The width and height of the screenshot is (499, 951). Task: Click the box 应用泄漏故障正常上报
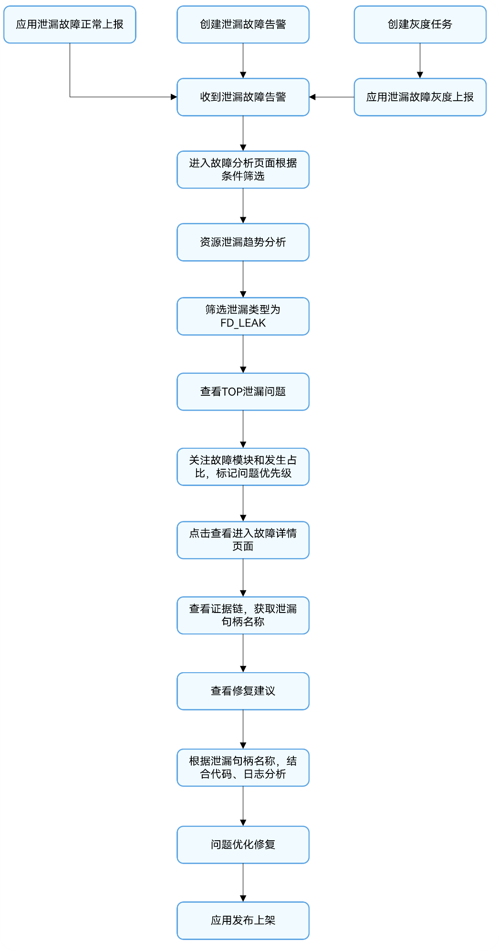tap(70, 24)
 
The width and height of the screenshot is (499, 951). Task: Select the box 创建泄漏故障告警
tap(243, 24)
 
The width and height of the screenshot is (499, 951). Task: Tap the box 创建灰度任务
tap(420, 24)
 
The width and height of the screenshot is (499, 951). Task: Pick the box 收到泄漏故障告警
tap(243, 97)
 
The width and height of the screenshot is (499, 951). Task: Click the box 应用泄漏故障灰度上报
tap(420, 97)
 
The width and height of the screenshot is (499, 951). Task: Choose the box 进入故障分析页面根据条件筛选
tap(243, 169)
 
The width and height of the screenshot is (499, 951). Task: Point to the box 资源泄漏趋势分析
tap(243, 242)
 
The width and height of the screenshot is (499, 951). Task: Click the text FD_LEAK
tap(243, 323)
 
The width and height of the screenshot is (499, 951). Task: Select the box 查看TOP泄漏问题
tap(243, 391)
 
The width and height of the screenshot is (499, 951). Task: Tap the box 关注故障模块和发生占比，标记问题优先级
tap(243, 467)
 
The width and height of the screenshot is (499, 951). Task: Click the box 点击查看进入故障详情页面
tap(243, 540)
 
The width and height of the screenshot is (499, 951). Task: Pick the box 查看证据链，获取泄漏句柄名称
tap(243, 615)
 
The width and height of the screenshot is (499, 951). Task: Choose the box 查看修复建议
tap(243, 691)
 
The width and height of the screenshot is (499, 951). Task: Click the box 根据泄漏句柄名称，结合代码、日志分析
tap(243, 768)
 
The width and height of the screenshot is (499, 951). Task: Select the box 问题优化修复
tap(243, 845)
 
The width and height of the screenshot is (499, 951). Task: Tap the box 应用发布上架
tap(243, 920)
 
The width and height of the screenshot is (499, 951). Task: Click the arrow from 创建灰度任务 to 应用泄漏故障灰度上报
tap(420, 61)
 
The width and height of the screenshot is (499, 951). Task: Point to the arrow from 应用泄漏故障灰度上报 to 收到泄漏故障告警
tap(332, 97)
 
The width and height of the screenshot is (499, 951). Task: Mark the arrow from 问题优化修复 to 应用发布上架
tap(243, 883)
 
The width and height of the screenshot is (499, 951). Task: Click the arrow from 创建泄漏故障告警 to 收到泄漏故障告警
tap(243, 61)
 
